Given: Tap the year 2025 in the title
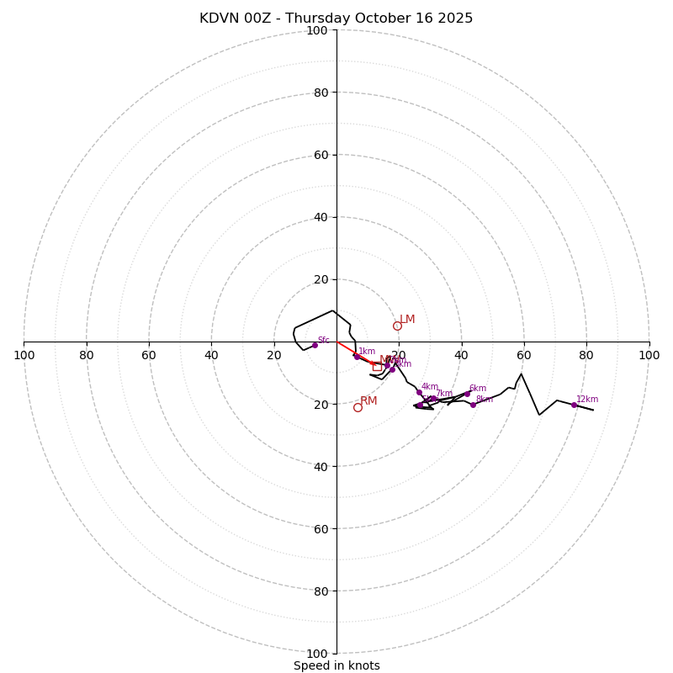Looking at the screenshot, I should click(453, 19).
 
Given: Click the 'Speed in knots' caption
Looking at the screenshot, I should click(336, 665).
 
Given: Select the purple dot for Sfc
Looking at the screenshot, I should click(315, 345).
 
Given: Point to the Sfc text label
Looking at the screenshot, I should click(323, 340).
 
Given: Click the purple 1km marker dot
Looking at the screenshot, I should click(357, 357).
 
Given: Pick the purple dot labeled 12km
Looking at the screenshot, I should click(574, 405).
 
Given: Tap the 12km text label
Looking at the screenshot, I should click(587, 399).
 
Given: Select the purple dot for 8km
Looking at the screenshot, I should click(473, 405).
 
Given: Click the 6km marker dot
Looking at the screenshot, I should click(467, 394).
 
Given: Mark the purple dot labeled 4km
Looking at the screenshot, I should click(419, 392).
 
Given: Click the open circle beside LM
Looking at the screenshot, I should click(397, 326).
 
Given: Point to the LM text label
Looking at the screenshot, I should click(407, 320).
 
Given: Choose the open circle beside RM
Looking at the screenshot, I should click(358, 407).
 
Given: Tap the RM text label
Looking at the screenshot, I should click(368, 401).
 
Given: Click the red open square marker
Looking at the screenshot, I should click(377, 367).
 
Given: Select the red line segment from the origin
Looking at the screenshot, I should click(353, 352).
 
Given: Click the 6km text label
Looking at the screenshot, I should click(478, 389).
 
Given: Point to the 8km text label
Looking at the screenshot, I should click(485, 400).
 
